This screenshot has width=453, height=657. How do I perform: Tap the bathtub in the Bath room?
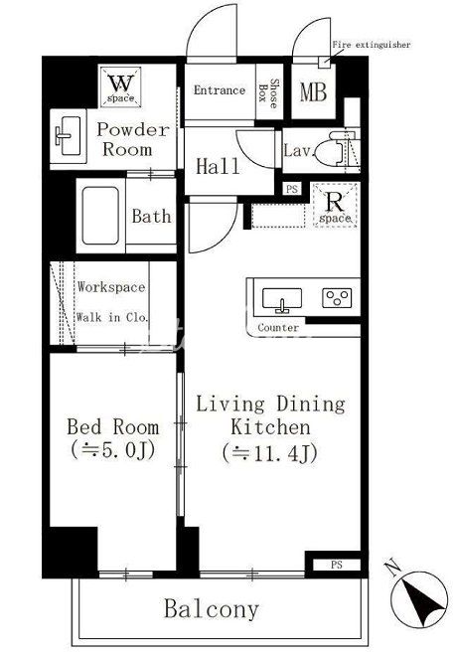[x=100, y=216]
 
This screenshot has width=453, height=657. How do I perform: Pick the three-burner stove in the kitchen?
[x=337, y=298]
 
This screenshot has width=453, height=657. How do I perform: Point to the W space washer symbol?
[x=121, y=86]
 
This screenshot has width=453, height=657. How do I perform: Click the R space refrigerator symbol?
[x=335, y=206]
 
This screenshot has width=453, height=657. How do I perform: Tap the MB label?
[x=313, y=92]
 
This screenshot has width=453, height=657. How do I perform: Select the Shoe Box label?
[x=268, y=93]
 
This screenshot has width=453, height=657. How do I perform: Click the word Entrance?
[x=220, y=90]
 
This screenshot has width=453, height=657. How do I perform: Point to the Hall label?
[x=218, y=166]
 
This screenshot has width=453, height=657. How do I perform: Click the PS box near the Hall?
[x=292, y=189]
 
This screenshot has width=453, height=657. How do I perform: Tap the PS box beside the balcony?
[x=337, y=565]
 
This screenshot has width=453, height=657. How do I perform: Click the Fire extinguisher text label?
[x=372, y=45]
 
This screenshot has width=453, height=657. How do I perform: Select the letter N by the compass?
[x=391, y=569]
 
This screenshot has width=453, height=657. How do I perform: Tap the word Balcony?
[x=212, y=609]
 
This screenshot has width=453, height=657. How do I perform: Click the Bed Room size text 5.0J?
[x=113, y=450]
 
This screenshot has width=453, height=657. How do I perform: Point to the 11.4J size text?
[x=270, y=452]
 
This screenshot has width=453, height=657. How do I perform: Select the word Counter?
[x=278, y=328]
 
